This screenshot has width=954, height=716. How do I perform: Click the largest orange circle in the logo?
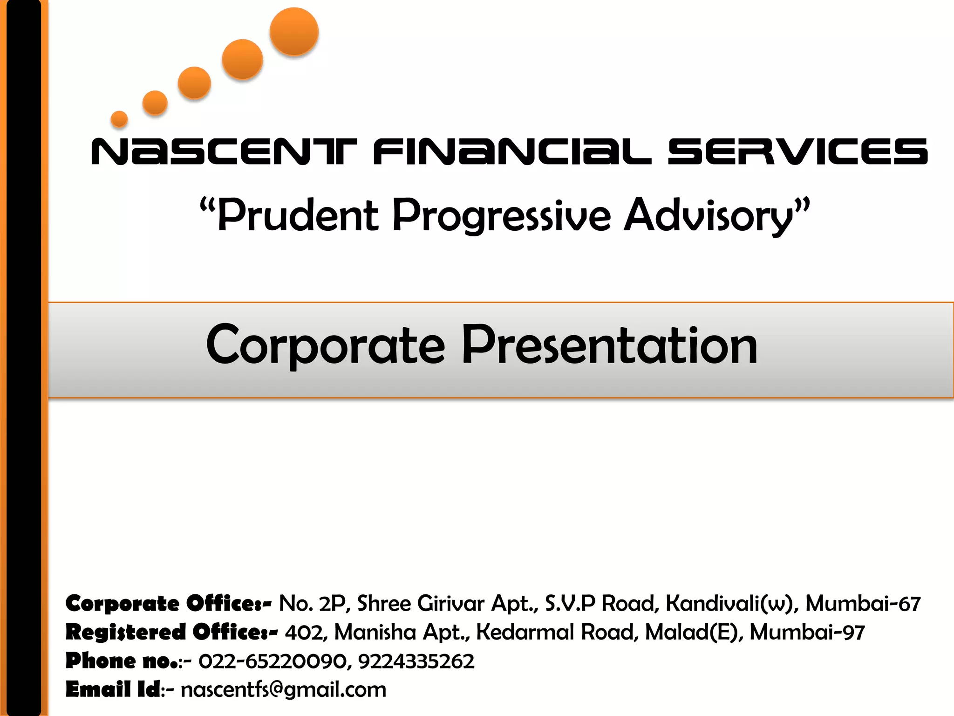(294, 32)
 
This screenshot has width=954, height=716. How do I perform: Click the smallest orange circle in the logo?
(119, 119)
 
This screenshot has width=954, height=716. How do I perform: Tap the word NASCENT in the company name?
(224, 151)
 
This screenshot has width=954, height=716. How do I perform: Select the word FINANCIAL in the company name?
(512, 151)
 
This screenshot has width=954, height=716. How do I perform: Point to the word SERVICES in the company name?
(797, 151)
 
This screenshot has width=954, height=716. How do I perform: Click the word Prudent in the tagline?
(298, 215)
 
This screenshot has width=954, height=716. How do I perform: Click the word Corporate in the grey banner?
(326, 345)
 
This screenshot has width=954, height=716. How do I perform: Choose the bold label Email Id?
(113, 689)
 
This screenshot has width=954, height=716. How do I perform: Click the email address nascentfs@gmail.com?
(284, 690)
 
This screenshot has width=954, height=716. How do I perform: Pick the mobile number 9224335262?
(416, 661)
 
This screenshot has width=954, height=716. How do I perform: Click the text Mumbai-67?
(863, 604)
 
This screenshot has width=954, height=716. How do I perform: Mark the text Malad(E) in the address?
(695, 633)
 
